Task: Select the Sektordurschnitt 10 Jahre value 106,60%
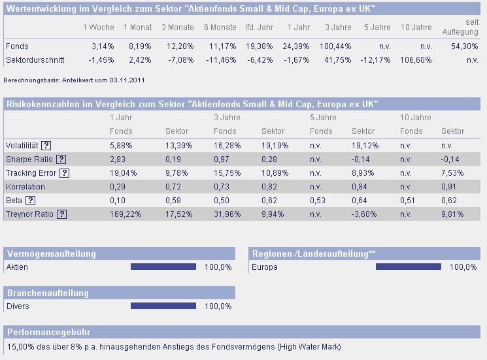click(416, 59)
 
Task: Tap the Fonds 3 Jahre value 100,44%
click(337, 46)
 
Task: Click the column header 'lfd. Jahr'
click(258, 27)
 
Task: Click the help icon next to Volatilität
click(46, 146)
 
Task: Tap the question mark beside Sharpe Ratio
click(61, 159)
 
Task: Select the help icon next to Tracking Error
click(64, 173)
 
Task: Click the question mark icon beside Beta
click(30, 201)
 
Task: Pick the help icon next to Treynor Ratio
click(61, 214)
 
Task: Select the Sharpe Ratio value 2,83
click(118, 159)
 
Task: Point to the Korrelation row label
click(25, 187)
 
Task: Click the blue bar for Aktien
click(163, 267)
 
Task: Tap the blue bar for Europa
click(409, 267)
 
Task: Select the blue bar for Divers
click(163, 306)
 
